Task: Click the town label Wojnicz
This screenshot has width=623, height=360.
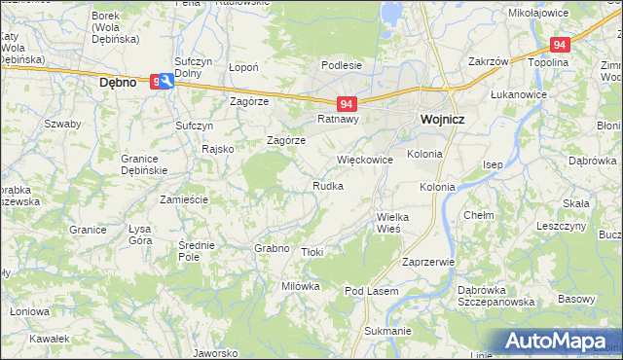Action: [441, 119]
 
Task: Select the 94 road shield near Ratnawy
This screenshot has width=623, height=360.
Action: [347, 102]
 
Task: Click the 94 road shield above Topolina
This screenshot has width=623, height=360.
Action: [559, 45]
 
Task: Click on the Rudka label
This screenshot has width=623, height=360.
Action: [327, 185]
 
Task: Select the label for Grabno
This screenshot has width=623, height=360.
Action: [273, 248]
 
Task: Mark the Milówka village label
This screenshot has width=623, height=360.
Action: [301, 286]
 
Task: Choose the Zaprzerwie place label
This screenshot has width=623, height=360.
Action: [428, 262]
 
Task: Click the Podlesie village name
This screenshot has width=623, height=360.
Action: [342, 65]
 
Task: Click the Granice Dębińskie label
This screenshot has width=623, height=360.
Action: [144, 163]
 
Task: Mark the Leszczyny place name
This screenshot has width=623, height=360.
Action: [561, 225]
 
